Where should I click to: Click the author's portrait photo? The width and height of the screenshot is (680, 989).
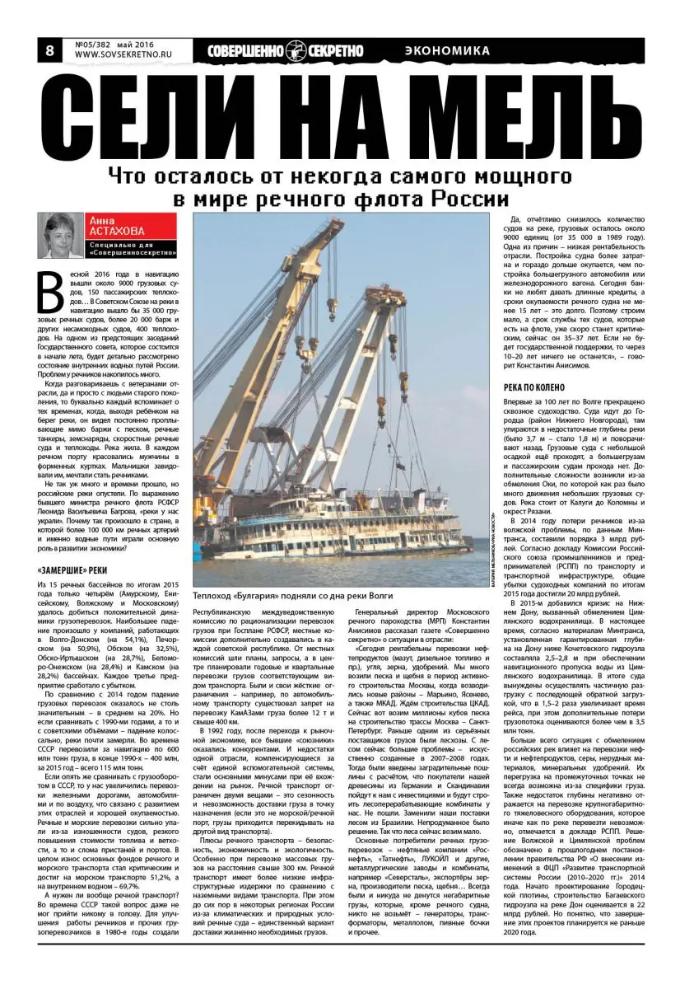(62, 236)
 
